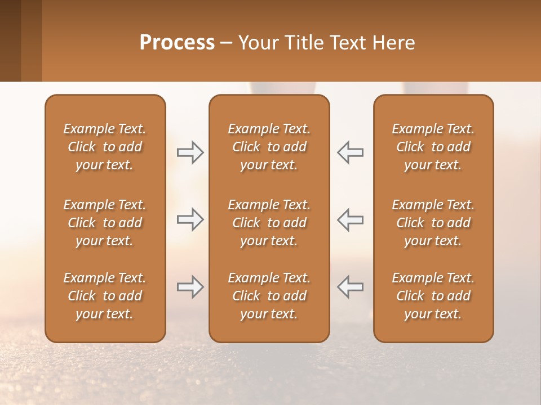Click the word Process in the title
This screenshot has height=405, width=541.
point(177,43)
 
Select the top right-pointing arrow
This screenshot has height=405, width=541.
point(190,152)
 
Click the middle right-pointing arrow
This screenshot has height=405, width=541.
point(190,219)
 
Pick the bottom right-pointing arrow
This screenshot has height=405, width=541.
point(190,287)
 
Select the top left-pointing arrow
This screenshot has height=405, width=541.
point(350,152)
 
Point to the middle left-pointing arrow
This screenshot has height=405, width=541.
point(350,219)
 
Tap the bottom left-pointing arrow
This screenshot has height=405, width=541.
point(350,287)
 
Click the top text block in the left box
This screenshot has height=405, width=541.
point(105,147)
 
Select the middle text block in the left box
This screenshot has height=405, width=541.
point(105,223)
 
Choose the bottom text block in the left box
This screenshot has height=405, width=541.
point(105,296)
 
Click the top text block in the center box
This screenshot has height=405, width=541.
point(269,147)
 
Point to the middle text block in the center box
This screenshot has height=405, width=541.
point(269,223)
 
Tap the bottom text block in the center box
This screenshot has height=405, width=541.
point(269,296)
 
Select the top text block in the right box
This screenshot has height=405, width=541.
point(433,147)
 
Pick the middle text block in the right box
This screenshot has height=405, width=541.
point(433,223)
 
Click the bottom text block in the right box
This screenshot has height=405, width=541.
point(433,296)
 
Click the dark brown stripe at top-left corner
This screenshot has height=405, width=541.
point(10,40)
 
